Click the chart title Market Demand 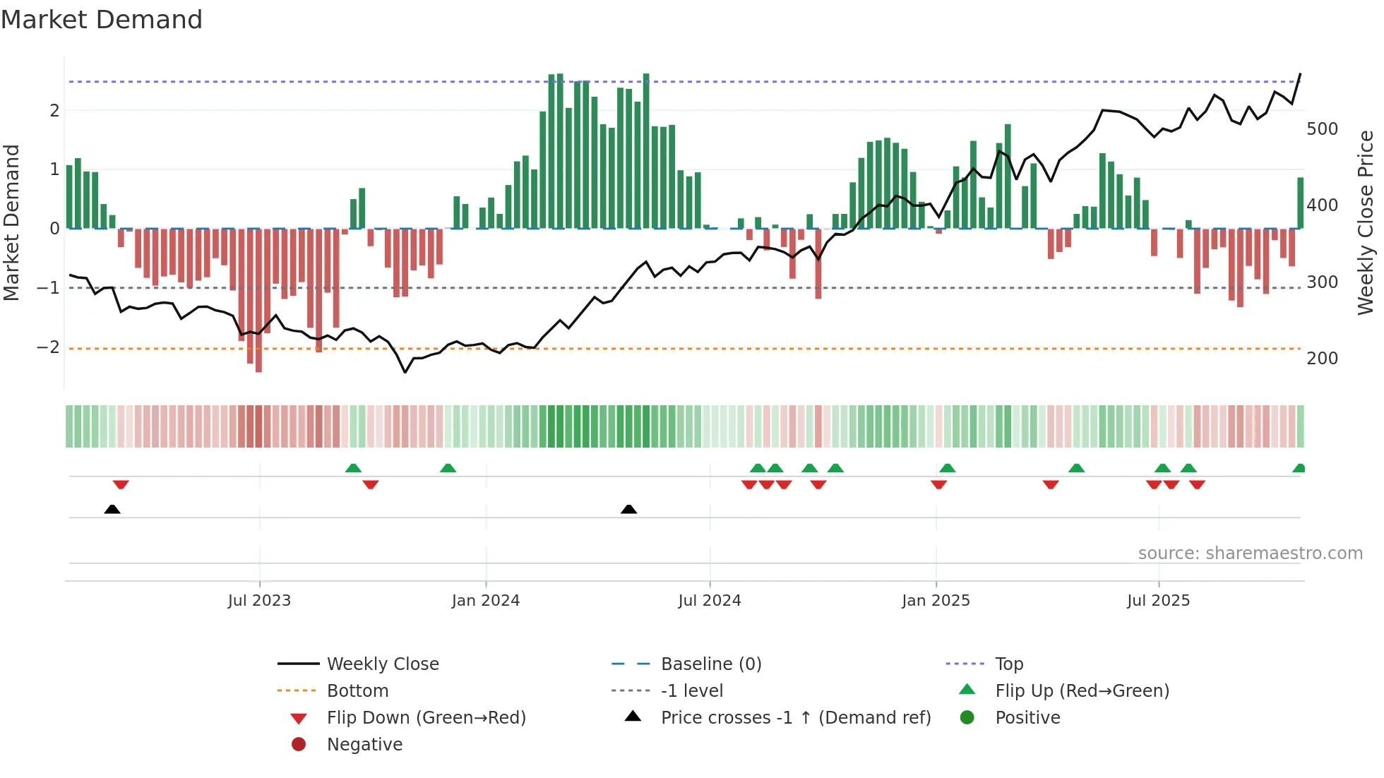[102, 20]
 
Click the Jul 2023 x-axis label [259, 601]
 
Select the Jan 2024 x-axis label [486, 601]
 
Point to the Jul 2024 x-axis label [710, 601]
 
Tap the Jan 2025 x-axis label [936, 601]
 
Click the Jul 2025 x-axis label [1158, 601]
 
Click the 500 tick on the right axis [1322, 129]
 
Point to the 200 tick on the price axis [1322, 359]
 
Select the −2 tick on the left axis [48, 347]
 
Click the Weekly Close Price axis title [1366, 222]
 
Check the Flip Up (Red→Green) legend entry [1082, 691]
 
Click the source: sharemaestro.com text [1250, 553]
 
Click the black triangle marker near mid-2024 [628, 509]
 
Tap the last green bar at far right [1300, 203]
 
